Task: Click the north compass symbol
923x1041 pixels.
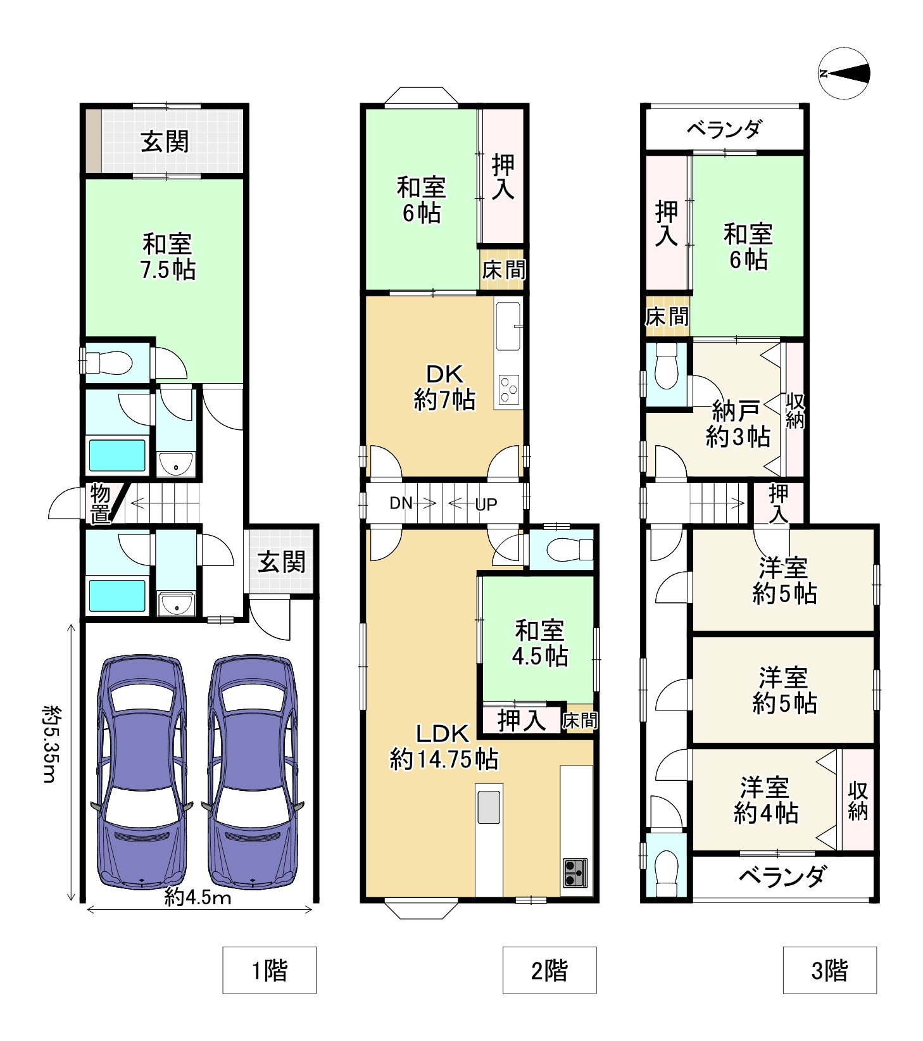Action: click(x=844, y=73)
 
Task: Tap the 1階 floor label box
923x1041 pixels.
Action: click(x=269, y=970)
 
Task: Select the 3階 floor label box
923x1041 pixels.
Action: click(x=829, y=970)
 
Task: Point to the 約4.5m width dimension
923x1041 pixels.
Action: click(x=198, y=897)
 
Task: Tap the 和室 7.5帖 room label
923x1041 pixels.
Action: click(x=167, y=256)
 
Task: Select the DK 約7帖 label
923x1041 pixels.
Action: click(x=444, y=386)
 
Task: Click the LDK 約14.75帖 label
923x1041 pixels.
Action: click(x=443, y=746)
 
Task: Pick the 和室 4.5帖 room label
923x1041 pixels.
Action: click(x=539, y=643)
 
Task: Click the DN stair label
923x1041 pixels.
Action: click(x=401, y=503)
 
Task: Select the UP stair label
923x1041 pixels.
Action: click(x=486, y=505)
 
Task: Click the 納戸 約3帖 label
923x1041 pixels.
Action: click(x=737, y=424)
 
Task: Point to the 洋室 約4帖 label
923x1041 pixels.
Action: click(x=765, y=800)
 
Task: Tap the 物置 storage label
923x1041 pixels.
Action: click(x=100, y=503)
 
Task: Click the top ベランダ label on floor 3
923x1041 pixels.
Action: click(x=724, y=130)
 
